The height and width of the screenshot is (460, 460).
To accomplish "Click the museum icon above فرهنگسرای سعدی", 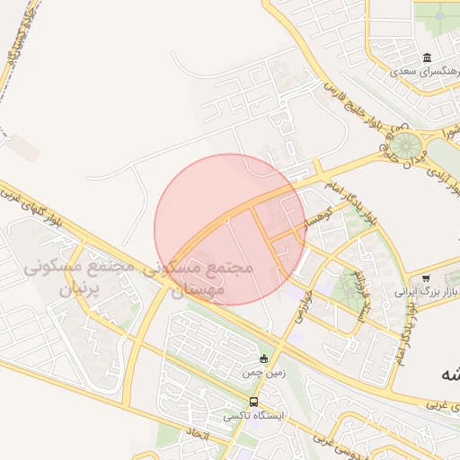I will (426, 57).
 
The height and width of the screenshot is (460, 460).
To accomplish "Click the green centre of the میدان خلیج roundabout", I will (405, 143).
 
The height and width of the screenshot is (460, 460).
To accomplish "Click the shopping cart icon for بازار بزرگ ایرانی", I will (426, 279).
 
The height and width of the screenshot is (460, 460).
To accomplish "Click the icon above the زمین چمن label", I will (263, 359).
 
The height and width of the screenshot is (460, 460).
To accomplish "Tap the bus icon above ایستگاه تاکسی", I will (254, 402).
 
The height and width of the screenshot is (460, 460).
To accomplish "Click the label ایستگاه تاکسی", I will (252, 417).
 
